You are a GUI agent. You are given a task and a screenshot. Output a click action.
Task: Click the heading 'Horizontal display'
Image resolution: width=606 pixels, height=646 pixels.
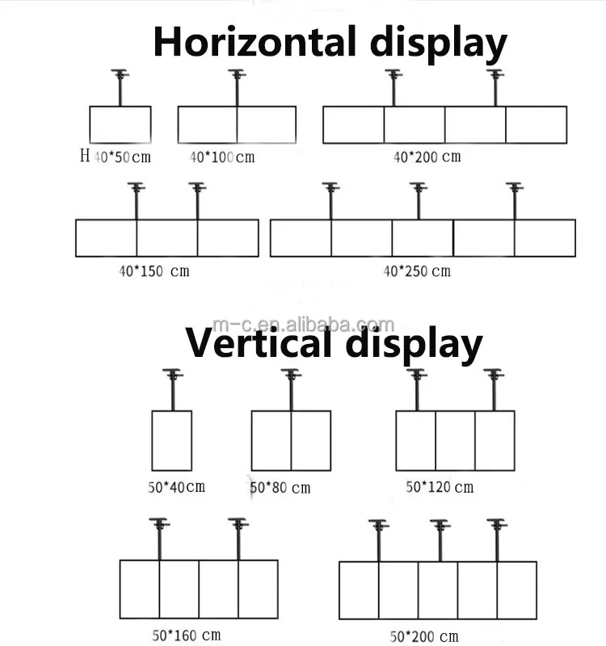330,42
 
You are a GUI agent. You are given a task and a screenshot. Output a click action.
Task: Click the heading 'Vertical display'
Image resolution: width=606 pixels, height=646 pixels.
334,344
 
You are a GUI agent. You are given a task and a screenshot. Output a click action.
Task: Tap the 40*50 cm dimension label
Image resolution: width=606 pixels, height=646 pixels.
122,157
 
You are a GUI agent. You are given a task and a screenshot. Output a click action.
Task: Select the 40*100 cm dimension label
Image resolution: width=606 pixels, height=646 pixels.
221,157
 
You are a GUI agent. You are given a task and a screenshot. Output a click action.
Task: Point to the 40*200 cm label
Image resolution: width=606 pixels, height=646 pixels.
427,157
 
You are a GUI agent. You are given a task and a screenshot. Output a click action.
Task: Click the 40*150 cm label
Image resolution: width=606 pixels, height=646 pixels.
154,271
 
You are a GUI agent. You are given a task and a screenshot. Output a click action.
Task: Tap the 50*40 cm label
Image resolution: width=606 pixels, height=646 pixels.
176,486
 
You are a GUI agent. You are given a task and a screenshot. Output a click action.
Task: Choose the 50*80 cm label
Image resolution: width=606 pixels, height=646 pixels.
280,488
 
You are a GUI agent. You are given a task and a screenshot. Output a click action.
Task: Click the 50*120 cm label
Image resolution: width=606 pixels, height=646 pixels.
439,487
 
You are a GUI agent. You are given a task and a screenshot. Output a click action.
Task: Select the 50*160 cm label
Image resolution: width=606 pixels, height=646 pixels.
186,636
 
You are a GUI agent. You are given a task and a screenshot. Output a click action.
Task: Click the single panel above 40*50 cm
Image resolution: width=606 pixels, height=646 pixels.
120,124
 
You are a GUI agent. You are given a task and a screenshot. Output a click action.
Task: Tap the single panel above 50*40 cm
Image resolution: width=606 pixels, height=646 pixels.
171,440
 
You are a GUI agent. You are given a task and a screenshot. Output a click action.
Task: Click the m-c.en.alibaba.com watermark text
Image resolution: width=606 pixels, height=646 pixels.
332,325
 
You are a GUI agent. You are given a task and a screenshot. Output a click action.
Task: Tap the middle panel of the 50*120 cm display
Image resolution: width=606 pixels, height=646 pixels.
455,440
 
